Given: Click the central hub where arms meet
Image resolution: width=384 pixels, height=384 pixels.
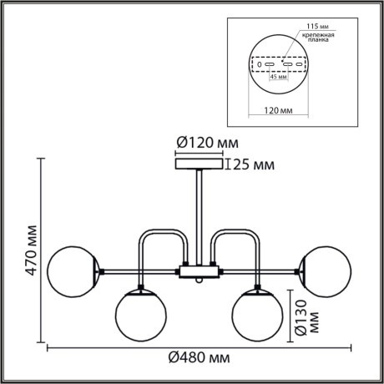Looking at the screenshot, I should (x=200, y=271).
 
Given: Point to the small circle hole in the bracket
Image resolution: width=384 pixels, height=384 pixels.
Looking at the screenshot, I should (x=260, y=64).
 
